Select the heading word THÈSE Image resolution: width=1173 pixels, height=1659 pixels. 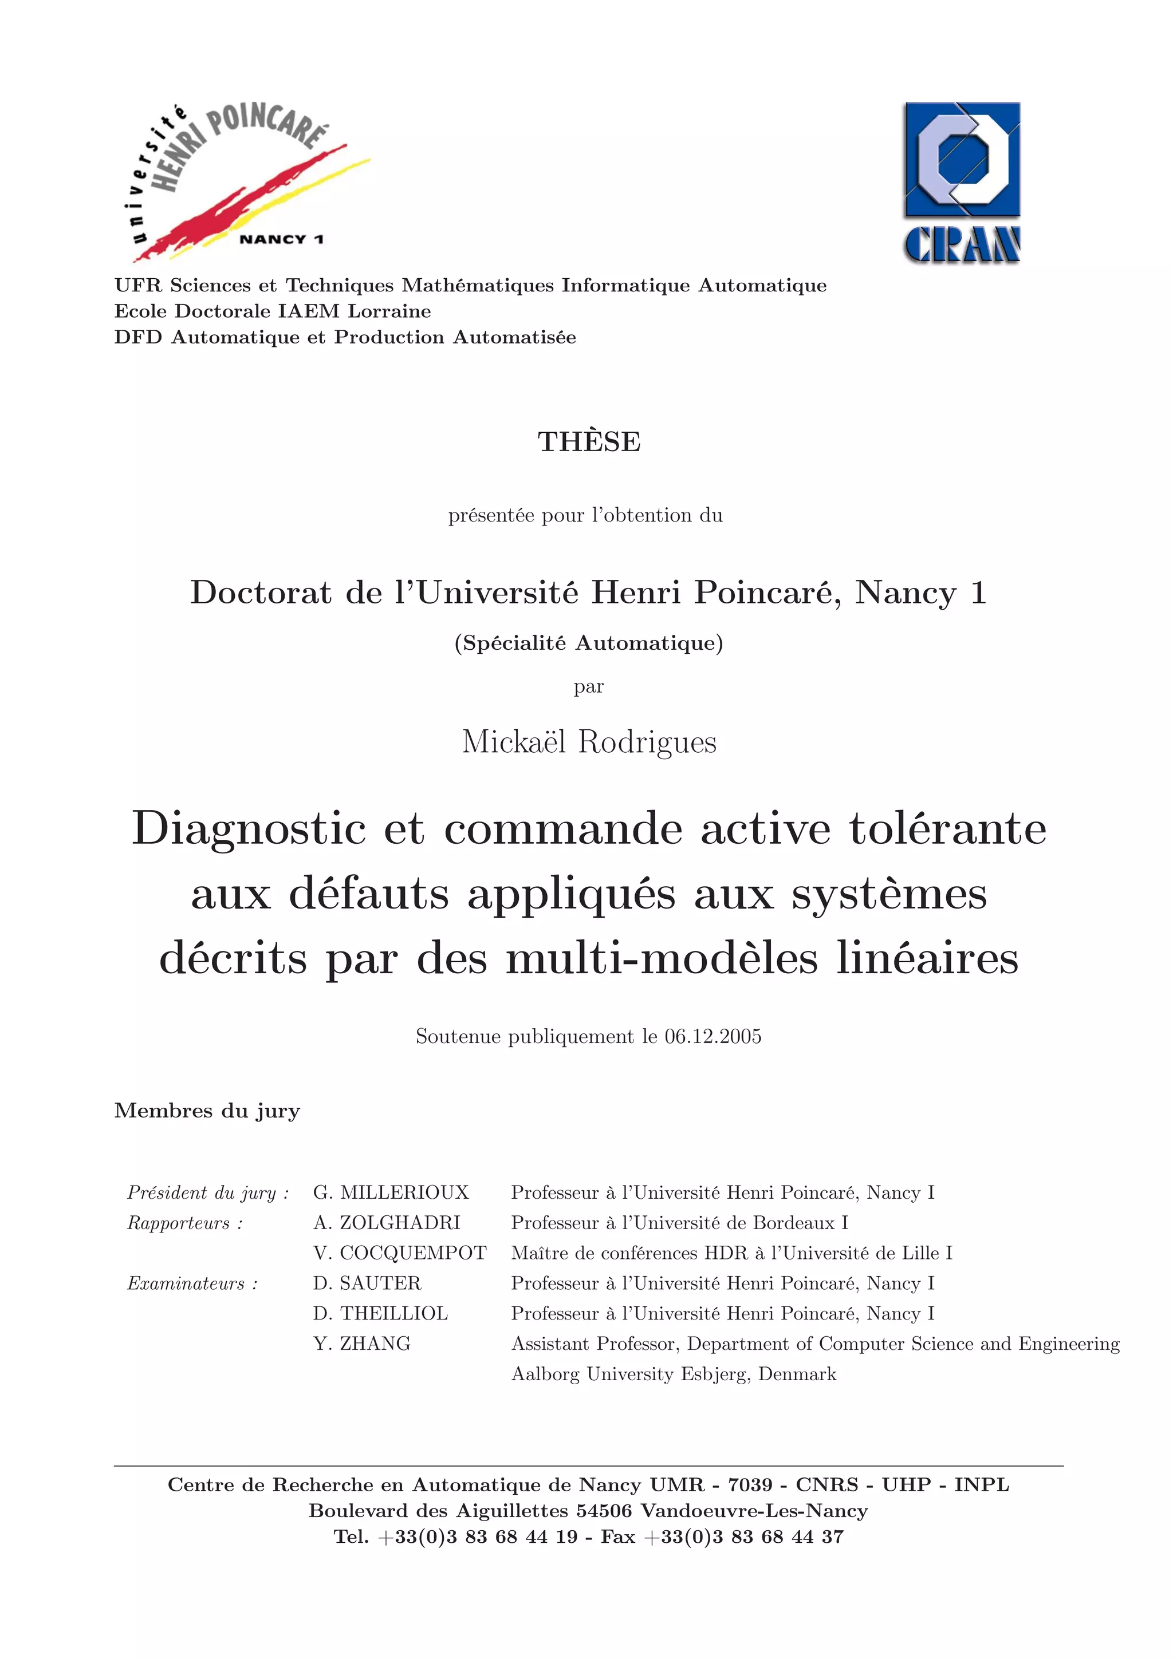[x=589, y=441]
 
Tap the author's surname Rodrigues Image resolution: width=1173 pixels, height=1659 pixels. [x=647, y=742]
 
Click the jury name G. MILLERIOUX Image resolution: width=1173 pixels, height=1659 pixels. [x=391, y=1192]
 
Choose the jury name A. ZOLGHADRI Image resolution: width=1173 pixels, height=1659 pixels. [x=387, y=1223]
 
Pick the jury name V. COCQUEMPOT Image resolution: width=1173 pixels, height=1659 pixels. [x=400, y=1253]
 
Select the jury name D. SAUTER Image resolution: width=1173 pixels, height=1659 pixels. [x=367, y=1283]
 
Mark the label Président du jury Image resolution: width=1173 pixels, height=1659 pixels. [x=207, y=1192]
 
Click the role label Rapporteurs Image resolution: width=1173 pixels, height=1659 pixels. [x=184, y=1223]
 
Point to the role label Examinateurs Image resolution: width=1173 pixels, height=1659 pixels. [x=192, y=1283]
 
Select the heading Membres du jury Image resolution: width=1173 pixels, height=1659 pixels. [x=207, y=1111]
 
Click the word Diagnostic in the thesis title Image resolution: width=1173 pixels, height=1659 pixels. [x=249, y=829]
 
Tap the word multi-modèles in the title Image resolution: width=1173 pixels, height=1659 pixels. [x=662, y=958]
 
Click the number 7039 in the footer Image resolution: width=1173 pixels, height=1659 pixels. [x=750, y=1485]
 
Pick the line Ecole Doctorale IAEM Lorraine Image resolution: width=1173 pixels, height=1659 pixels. [x=273, y=311]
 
